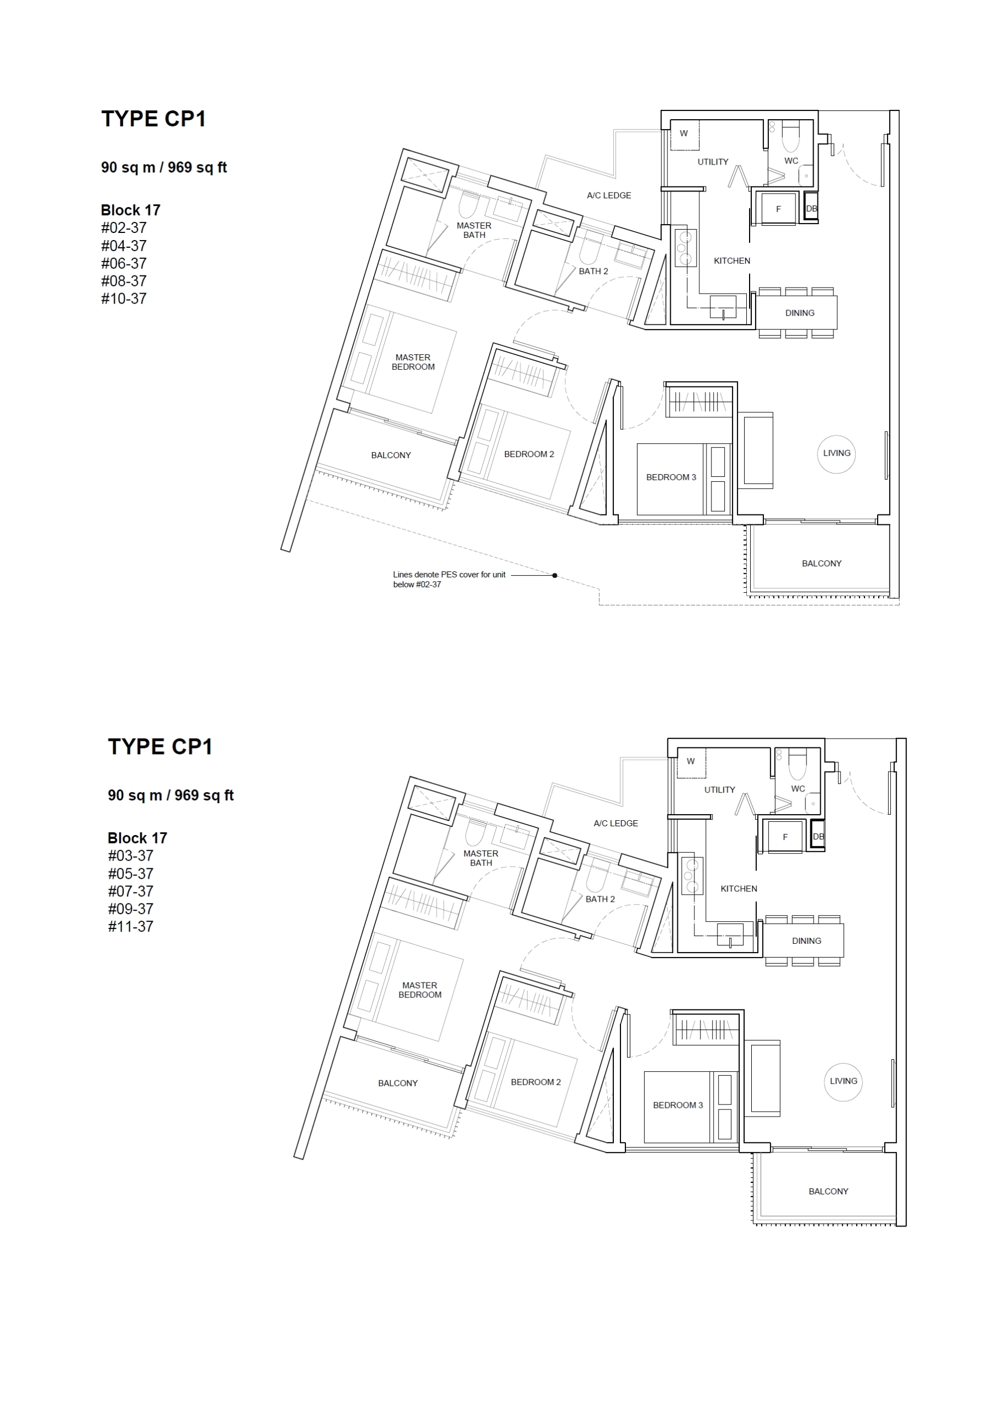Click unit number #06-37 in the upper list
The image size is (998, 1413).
pos(124,263)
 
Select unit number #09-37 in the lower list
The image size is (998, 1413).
pos(130,909)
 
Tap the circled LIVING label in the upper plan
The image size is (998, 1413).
pos(837,454)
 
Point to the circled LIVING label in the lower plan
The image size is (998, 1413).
pos(843,1081)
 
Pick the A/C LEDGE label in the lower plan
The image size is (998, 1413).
pos(616,824)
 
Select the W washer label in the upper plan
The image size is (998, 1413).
pos(683,134)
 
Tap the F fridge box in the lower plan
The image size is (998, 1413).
pos(785,837)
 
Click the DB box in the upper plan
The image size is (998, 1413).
pos(811,209)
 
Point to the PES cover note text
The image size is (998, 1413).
pos(449,580)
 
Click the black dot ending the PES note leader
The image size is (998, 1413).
pos(555,576)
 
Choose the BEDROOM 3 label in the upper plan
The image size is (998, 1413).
pos(671,477)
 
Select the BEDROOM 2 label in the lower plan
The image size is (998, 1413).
pos(536,1082)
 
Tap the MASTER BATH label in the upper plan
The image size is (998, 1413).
pos(474,230)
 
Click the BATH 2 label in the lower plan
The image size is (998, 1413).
pos(601,899)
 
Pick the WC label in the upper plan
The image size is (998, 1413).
pos(791,161)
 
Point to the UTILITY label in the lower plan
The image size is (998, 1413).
pos(720,790)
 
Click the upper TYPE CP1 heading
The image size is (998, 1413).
pos(153,119)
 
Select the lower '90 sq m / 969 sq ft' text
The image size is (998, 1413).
pos(171,795)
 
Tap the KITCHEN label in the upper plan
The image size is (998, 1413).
pos(732,261)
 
